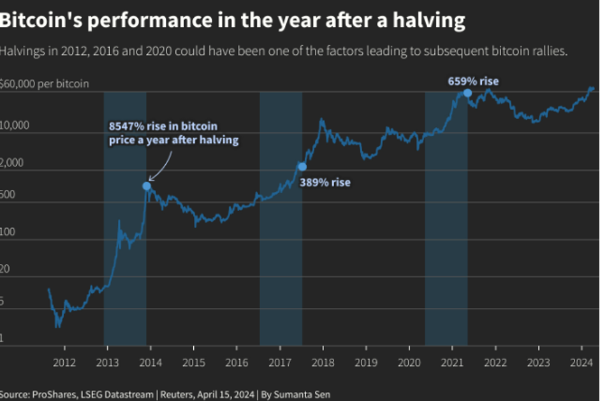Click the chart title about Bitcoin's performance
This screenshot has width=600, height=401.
(x=233, y=21)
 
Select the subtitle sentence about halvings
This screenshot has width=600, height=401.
(x=284, y=52)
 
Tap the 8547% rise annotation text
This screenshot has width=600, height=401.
(x=173, y=133)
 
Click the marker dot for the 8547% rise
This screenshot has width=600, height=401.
(x=147, y=186)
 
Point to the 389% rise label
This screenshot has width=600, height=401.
(x=325, y=182)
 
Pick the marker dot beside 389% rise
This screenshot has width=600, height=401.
(x=302, y=166)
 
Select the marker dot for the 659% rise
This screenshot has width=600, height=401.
(x=467, y=92)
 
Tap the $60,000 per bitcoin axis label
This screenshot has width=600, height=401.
(x=45, y=84)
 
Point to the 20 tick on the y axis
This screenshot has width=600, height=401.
(x=7, y=271)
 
